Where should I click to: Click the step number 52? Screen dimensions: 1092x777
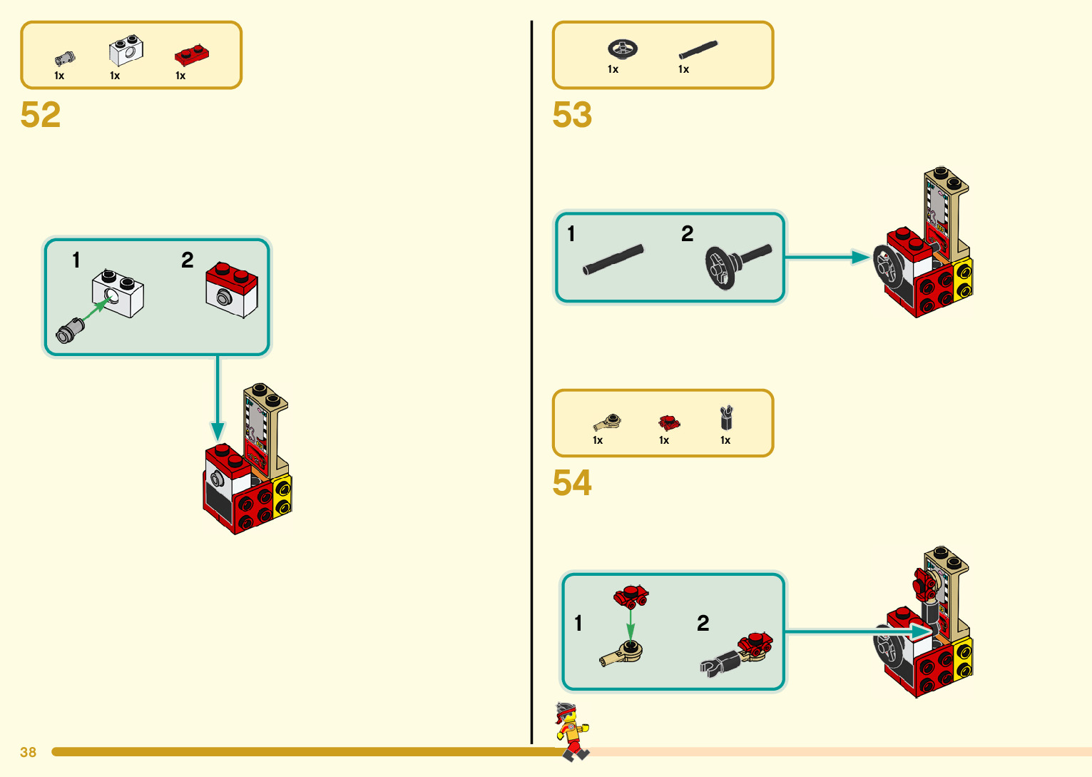click(x=41, y=115)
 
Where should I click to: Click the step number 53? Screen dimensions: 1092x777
click(x=572, y=115)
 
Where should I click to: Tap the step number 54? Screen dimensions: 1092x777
click(x=572, y=483)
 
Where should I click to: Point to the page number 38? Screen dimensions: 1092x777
click(x=28, y=752)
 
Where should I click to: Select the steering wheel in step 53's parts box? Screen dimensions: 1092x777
click(x=622, y=49)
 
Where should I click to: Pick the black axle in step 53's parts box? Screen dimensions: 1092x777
click(x=698, y=49)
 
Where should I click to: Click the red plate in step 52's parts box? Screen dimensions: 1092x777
click(x=191, y=54)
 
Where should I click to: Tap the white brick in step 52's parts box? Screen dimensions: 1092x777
click(x=126, y=51)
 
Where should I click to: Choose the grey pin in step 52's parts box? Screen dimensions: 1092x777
click(x=64, y=59)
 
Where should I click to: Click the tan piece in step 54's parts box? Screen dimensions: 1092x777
click(x=608, y=421)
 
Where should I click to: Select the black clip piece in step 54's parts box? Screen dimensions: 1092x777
click(x=726, y=417)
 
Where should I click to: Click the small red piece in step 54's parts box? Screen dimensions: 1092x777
click(x=668, y=422)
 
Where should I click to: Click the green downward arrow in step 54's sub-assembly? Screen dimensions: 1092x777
click(x=631, y=624)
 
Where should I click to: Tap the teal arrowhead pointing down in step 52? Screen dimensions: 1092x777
click(x=218, y=431)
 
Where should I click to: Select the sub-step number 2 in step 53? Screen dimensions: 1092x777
click(x=687, y=233)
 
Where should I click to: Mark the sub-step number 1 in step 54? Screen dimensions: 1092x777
click(x=578, y=623)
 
